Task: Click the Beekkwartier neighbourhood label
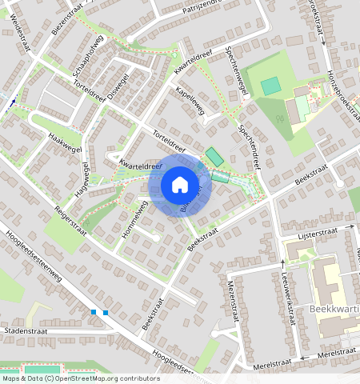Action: pyautogui.click(x=332, y=307)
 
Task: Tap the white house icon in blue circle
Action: pyautogui.click(x=180, y=185)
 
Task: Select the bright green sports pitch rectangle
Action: pyautogui.click(x=271, y=85)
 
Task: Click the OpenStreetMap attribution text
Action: pyautogui.click(x=80, y=378)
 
